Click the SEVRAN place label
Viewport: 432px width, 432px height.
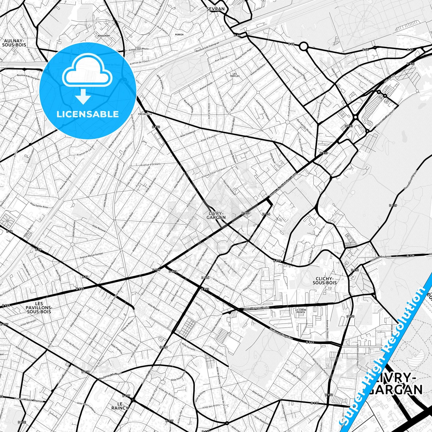coord(215,9)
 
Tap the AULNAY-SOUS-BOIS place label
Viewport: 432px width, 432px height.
coord(14,43)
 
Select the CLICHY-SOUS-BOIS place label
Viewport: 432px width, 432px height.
coord(325,280)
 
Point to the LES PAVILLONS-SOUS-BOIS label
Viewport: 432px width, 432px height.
coord(39,308)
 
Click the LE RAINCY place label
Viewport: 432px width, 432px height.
coord(120,405)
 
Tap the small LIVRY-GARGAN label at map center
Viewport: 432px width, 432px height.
coord(216,216)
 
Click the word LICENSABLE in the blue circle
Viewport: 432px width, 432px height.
coord(88,114)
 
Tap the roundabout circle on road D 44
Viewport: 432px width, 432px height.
coord(303,46)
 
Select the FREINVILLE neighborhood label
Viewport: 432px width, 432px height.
coord(145,114)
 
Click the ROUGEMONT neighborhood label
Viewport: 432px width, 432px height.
coord(104,36)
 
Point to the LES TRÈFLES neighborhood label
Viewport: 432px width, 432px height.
coord(235,75)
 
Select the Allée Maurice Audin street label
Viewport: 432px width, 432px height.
coord(257,308)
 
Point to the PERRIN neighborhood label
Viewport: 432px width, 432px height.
coord(179,35)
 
